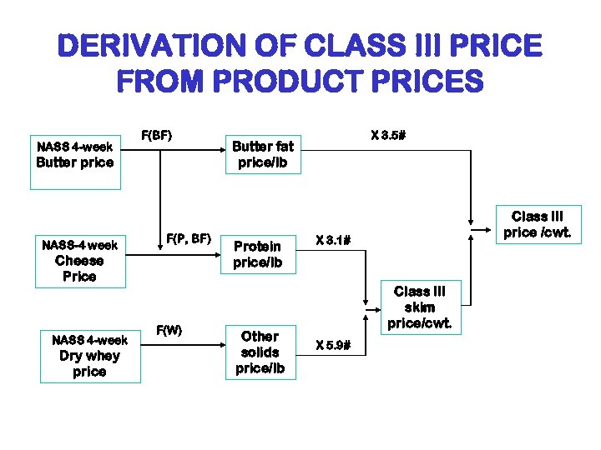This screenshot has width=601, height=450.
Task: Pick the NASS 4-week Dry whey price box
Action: click(89, 355)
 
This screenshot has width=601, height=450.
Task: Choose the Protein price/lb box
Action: click(258, 254)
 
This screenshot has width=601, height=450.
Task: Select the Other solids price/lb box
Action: click(260, 352)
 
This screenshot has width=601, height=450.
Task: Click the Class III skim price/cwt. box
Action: click(419, 307)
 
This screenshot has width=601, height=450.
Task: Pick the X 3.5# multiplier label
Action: click(388, 134)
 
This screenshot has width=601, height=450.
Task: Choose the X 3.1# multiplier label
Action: click(332, 241)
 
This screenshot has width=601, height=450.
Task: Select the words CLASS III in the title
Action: click(391, 46)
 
